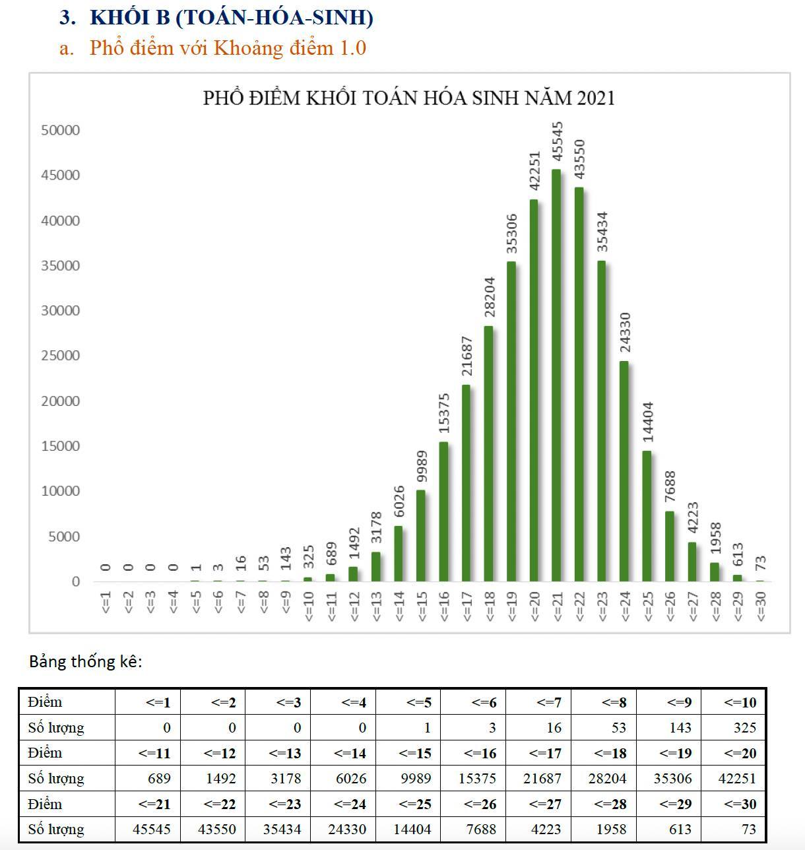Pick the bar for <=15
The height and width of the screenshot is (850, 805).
click(420, 535)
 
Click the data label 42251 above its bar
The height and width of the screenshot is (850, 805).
click(534, 172)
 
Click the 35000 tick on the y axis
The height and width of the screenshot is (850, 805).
click(60, 266)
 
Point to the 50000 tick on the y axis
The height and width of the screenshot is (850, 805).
click(60, 130)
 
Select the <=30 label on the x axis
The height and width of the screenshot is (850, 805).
click(761, 606)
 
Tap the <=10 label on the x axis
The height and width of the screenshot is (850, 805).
click(308, 606)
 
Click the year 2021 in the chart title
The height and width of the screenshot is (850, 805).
click(596, 98)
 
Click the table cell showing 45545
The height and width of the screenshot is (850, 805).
click(152, 830)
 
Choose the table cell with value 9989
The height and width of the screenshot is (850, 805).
click(412, 779)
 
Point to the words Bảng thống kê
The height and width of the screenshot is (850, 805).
click(86, 661)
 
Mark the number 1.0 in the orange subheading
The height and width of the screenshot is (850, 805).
click(352, 48)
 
